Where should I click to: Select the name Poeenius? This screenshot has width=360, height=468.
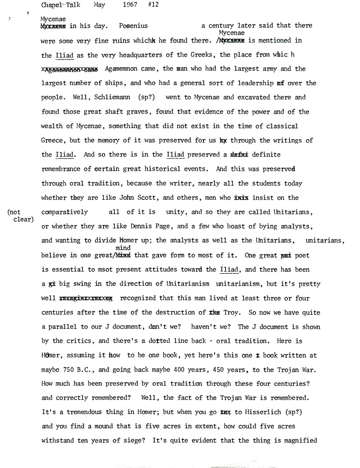(x=134, y=26)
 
